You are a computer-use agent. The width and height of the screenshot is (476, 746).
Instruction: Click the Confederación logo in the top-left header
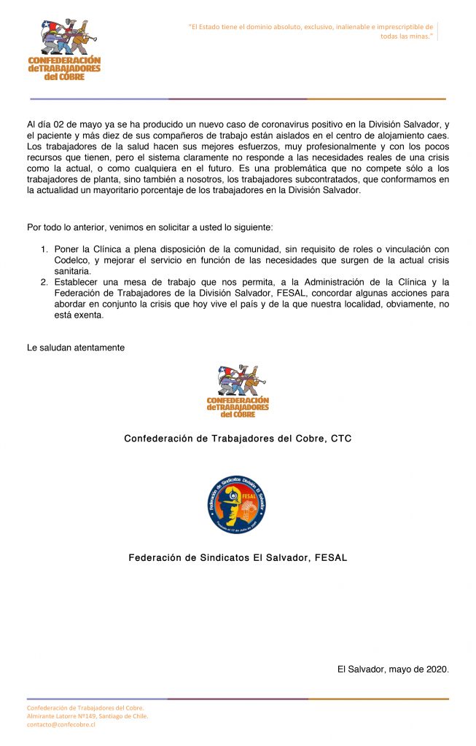(x=64, y=50)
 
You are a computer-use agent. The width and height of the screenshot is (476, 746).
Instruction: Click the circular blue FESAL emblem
(x=237, y=503)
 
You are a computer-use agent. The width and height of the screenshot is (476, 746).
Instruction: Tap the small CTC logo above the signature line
(x=238, y=391)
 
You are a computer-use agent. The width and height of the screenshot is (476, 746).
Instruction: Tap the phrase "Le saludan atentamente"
(x=76, y=348)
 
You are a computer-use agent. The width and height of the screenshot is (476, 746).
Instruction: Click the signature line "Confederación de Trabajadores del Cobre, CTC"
(x=238, y=439)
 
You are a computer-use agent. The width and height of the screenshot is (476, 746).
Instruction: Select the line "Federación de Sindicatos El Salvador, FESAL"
(x=238, y=558)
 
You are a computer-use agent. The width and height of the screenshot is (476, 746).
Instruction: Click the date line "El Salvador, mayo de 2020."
(x=393, y=669)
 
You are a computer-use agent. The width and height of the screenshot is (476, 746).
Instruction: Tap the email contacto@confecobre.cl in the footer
(x=61, y=725)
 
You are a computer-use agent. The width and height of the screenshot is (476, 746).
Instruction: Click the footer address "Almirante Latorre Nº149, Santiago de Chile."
(x=87, y=716)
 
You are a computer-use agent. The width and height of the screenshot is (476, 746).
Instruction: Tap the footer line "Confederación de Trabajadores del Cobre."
(x=85, y=707)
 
